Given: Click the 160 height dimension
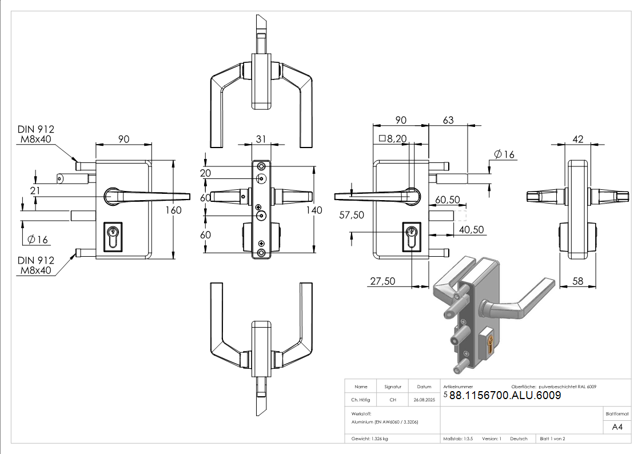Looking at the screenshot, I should tap(173, 210).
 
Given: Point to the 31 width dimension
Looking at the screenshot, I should tap(261, 139).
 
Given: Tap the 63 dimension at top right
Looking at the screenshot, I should tap(448, 120).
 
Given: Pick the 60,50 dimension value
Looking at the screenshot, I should tap(448, 199).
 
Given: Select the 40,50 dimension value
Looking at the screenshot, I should tap(472, 229).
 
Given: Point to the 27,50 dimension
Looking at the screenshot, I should tap(383, 281).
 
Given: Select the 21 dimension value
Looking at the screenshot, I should tap(35, 190).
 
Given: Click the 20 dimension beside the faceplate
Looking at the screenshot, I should tap(205, 173).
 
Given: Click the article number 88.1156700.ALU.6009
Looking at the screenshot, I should tap(505, 396).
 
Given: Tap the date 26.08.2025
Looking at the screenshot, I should tap(424, 400).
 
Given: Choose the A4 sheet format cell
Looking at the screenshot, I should tap(617, 427).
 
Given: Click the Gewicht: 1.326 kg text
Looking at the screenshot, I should tap(370, 439).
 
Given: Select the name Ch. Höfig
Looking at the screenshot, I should tap(361, 400).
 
